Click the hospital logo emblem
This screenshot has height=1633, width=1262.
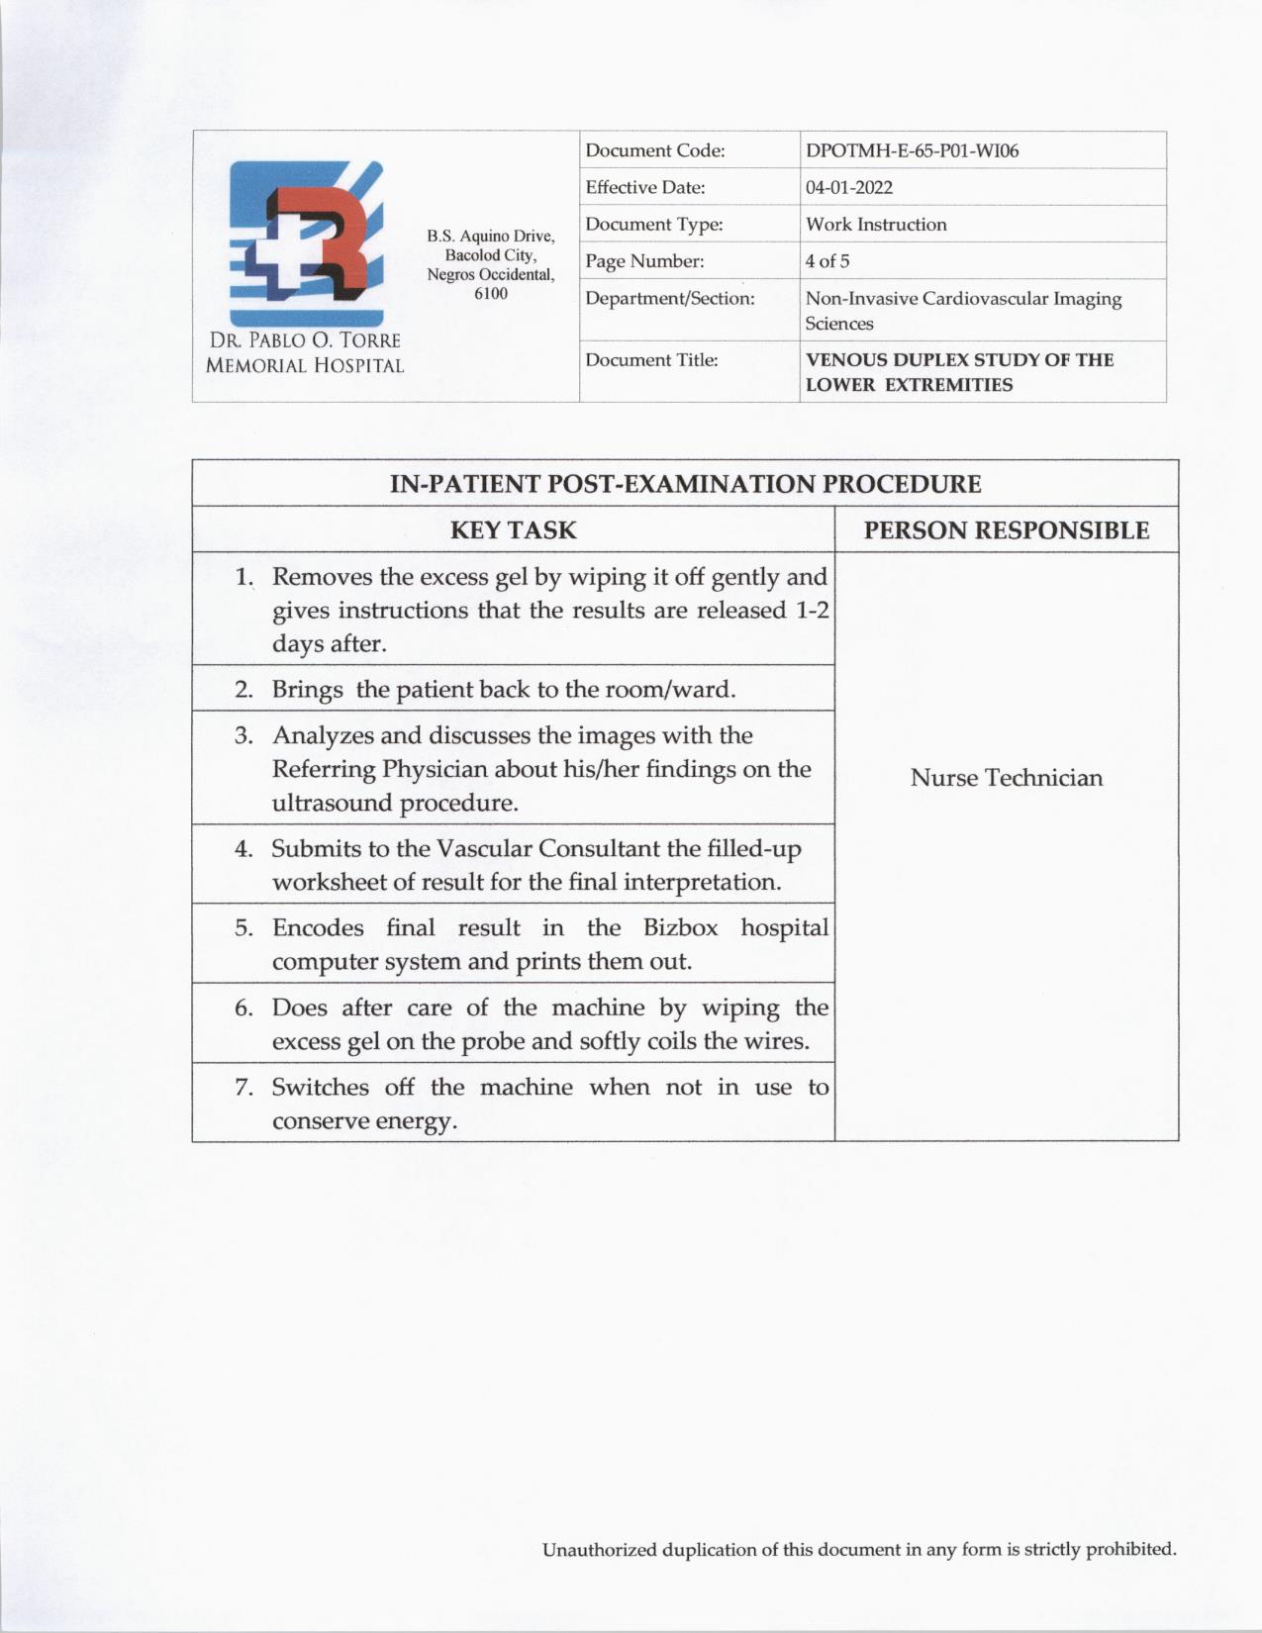pyautogui.click(x=306, y=242)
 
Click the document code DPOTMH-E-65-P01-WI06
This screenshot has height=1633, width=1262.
pyautogui.click(x=912, y=151)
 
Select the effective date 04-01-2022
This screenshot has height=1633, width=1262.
pyautogui.click(x=849, y=188)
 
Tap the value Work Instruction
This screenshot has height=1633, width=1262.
pyautogui.click(x=876, y=225)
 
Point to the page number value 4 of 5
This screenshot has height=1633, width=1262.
pyautogui.click(x=827, y=261)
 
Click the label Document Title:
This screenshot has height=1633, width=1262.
pyautogui.click(x=651, y=360)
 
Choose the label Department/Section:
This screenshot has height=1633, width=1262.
pyautogui.click(x=669, y=299)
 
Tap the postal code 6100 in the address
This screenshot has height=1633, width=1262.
pyautogui.click(x=491, y=294)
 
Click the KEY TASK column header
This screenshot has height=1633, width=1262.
pyautogui.click(x=513, y=530)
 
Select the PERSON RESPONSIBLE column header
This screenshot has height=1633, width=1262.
pyautogui.click(x=1007, y=530)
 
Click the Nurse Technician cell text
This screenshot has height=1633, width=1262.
pyautogui.click(x=1007, y=778)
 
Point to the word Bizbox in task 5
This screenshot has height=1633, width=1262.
pyautogui.click(x=680, y=928)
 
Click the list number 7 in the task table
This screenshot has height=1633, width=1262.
pyautogui.click(x=243, y=1088)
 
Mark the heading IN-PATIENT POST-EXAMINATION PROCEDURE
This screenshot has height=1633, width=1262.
pyautogui.click(x=685, y=484)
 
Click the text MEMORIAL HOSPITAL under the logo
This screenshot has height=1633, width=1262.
pyautogui.click(x=305, y=366)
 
